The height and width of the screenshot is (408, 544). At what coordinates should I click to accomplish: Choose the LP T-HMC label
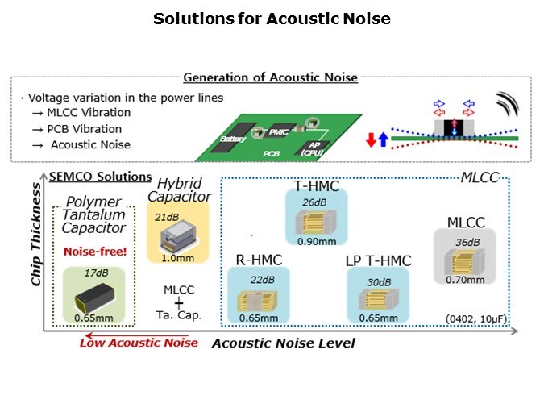tap(378, 260)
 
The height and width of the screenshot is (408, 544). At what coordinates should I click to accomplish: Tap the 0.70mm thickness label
tap(465, 280)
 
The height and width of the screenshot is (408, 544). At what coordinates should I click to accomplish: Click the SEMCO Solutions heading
tap(101, 176)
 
